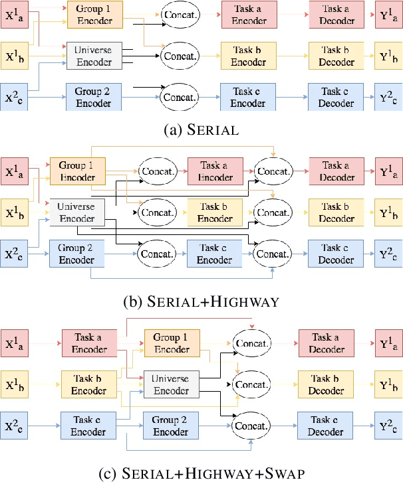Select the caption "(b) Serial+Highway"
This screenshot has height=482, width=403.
pos(201,301)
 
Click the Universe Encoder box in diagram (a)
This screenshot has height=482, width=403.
pos(93,56)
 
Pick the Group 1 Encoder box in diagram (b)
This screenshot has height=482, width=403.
pos(77,171)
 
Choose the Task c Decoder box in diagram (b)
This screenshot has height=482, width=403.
pos(336,253)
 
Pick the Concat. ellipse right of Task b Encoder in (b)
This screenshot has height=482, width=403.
pos(273,212)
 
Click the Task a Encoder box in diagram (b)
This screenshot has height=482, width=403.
pos(214,171)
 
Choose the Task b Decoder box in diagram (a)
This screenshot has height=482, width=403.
pos(336,56)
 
